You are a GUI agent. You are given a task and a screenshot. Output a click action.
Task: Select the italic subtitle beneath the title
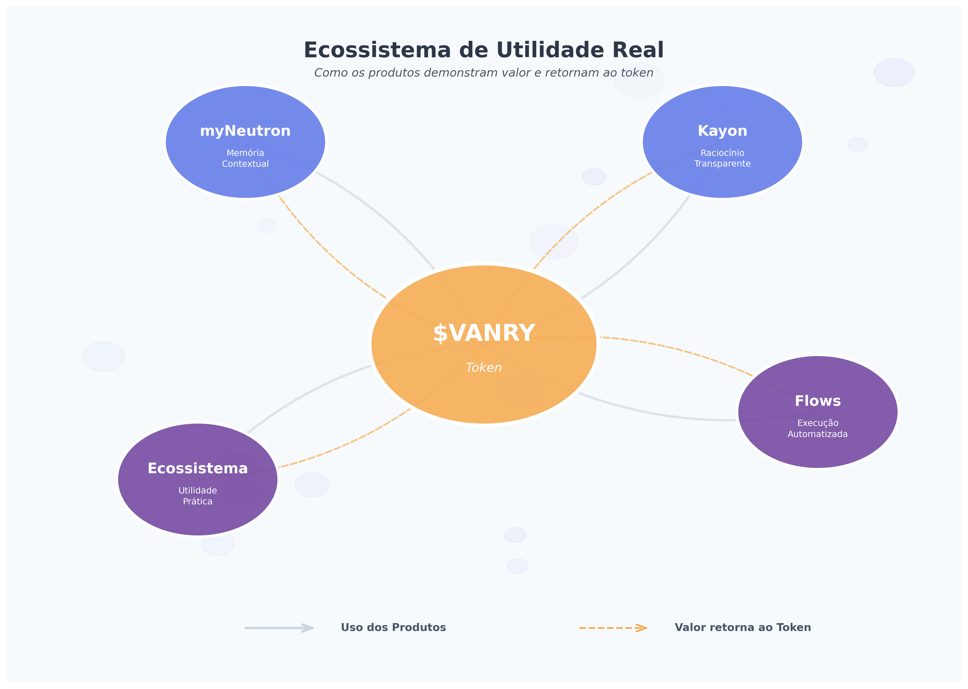coord(484,73)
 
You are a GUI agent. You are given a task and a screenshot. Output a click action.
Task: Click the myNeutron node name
coord(245,131)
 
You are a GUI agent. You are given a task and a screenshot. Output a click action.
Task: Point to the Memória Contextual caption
coord(245,158)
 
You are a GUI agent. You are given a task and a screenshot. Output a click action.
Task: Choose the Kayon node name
coord(722,131)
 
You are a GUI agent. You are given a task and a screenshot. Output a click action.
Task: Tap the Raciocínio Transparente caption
coord(722,158)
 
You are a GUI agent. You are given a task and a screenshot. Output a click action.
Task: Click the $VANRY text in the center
coord(484,333)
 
